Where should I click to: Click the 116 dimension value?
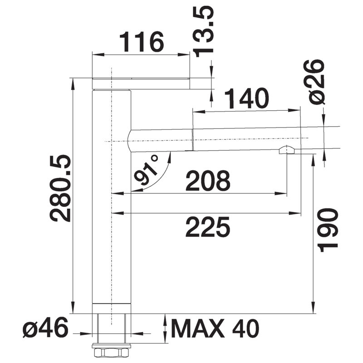click(142, 42)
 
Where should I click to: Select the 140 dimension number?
click(246, 98)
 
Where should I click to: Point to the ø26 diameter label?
click(314, 82)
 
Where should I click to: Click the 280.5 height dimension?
click(61, 188)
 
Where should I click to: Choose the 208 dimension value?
click(208, 180)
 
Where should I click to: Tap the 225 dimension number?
click(208, 227)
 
